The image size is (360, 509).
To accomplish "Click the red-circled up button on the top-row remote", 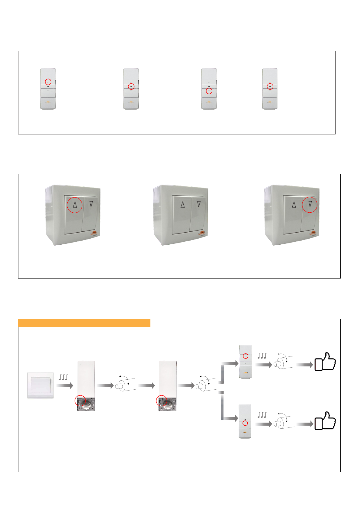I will click(x=48, y=82).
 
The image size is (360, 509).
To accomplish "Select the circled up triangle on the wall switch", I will click(x=74, y=205).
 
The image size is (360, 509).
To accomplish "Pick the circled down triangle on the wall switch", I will click(x=310, y=205).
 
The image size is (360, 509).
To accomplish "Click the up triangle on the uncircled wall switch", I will click(x=182, y=205).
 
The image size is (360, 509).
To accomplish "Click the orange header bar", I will click(x=84, y=323).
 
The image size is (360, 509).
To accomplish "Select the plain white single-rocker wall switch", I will click(x=40, y=385).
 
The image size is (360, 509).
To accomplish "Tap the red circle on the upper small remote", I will click(x=245, y=356).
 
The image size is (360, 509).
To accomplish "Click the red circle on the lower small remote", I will click(x=245, y=423).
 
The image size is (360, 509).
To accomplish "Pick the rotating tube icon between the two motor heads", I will click(x=125, y=385).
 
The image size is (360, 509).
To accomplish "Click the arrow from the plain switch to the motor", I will click(x=65, y=385).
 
